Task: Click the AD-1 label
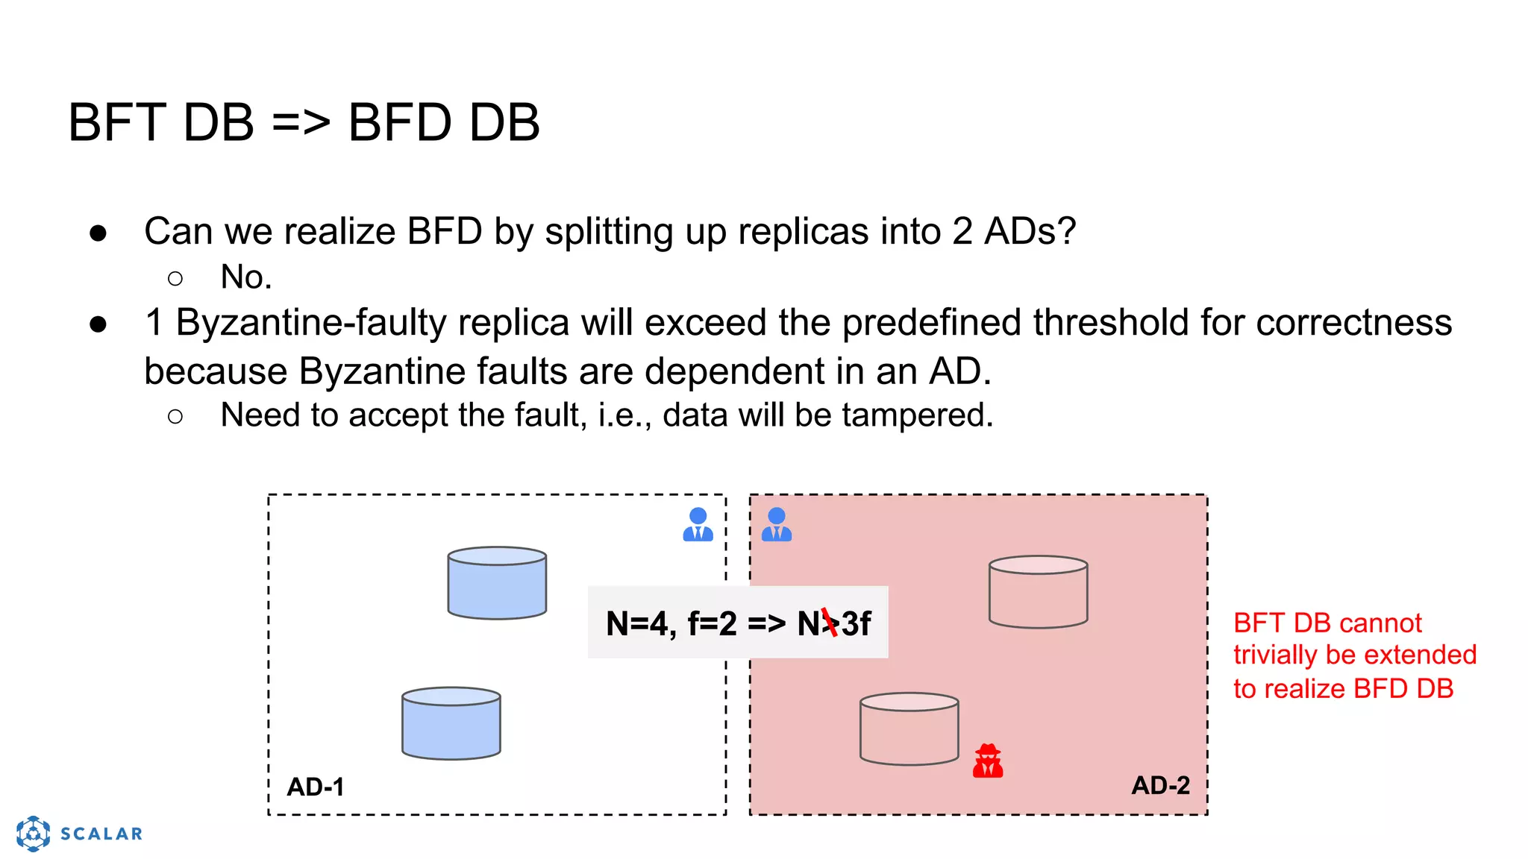click(316, 787)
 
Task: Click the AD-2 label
click(1160, 785)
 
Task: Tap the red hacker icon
click(988, 761)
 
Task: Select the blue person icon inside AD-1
click(698, 524)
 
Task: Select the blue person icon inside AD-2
click(777, 524)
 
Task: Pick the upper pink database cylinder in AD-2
click(1038, 592)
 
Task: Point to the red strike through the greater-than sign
click(830, 623)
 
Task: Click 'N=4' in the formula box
click(639, 623)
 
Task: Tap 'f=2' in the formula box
click(712, 623)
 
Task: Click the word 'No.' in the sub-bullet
click(246, 277)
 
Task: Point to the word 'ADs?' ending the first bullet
click(1030, 231)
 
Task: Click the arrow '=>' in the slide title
click(301, 122)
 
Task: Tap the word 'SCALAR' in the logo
click(101, 834)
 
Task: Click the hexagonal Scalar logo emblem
click(34, 834)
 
